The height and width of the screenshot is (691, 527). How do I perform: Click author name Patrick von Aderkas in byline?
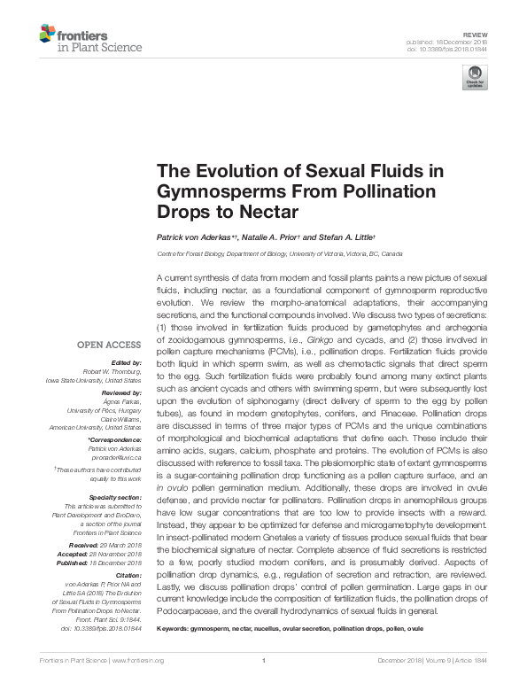pos(195,237)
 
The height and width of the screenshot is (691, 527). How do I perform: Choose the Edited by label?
pos(127,363)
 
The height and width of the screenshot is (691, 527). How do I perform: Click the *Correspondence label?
pos(117,439)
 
